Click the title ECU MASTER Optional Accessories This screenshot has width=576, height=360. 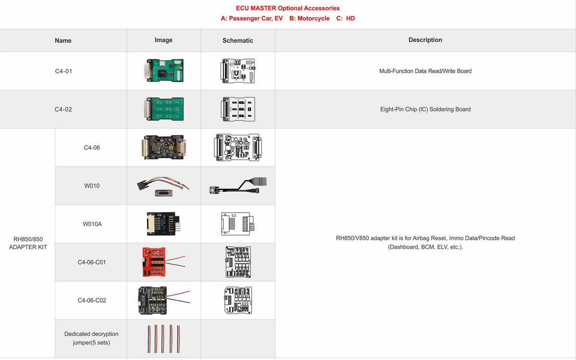pyautogui.click(x=288, y=8)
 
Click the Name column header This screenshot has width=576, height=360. pyautogui.click(x=63, y=40)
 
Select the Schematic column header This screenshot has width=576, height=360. pyautogui.click(x=238, y=40)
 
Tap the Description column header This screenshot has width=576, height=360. pyautogui.click(x=425, y=40)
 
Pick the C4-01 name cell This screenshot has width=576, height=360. pyautogui.click(x=63, y=71)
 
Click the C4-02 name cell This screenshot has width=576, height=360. pyautogui.click(x=63, y=109)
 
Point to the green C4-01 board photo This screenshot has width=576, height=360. pyautogui.click(x=163, y=71)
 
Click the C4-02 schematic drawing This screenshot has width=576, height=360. pyautogui.click(x=238, y=109)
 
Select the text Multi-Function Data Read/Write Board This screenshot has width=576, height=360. pyautogui.click(x=425, y=71)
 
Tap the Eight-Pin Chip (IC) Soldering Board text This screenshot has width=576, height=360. pyautogui.click(x=425, y=109)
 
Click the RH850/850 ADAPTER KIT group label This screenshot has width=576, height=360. pyautogui.click(x=28, y=243)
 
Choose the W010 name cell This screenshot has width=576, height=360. pyautogui.click(x=92, y=186)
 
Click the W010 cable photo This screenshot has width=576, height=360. pyautogui.click(x=163, y=186)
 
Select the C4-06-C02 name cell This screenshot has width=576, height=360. pyautogui.click(x=92, y=300)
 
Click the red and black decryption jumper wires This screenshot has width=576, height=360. pyautogui.click(x=163, y=339)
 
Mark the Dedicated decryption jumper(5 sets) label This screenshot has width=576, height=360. pyautogui.click(x=91, y=338)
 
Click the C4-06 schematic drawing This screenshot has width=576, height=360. pyautogui.click(x=238, y=147)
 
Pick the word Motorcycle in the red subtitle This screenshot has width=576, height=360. pyautogui.click(x=313, y=18)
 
